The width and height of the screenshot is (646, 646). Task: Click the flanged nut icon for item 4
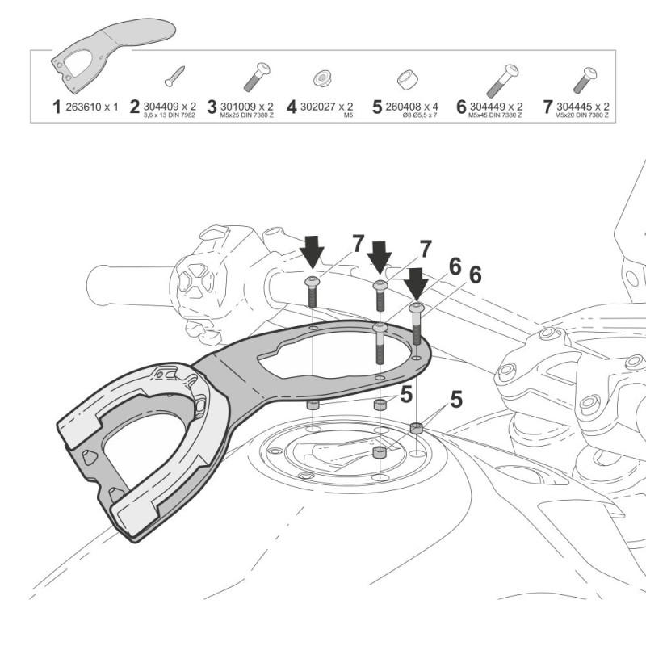coord(322,78)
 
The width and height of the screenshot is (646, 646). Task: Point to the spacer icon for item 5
coord(407,79)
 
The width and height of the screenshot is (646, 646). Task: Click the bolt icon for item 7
coord(584,78)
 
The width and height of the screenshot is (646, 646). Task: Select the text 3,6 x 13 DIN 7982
coord(170,116)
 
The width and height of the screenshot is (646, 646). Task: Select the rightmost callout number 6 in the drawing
coord(475,275)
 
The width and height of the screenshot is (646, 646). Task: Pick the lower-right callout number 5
coord(457,399)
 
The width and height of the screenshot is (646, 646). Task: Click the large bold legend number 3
coord(212,107)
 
